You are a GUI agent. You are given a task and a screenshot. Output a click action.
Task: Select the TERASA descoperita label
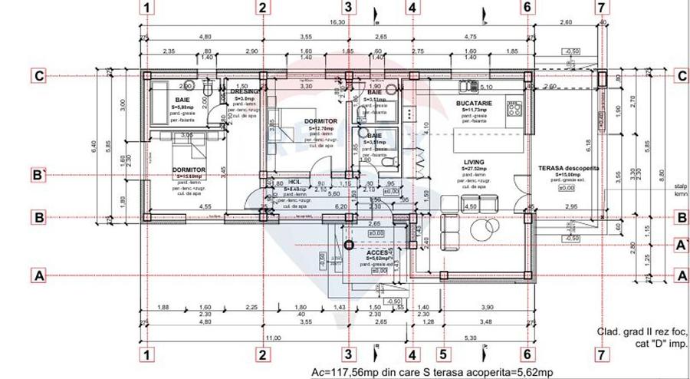coord(567,167)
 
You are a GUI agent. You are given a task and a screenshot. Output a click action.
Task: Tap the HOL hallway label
coord(294,183)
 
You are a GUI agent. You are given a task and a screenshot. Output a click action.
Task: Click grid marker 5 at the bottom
coord(443,354)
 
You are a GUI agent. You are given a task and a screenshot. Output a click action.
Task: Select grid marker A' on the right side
coord(680,245)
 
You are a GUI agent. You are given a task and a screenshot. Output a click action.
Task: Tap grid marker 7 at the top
coord(601,8)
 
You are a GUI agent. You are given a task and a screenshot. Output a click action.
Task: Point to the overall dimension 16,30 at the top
coord(337,23)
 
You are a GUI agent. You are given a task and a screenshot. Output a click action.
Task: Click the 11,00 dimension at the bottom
coord(273,338)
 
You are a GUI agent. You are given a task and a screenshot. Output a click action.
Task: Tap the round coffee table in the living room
coord(485,229)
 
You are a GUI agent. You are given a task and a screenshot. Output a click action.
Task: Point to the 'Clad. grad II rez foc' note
coord(642,332)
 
